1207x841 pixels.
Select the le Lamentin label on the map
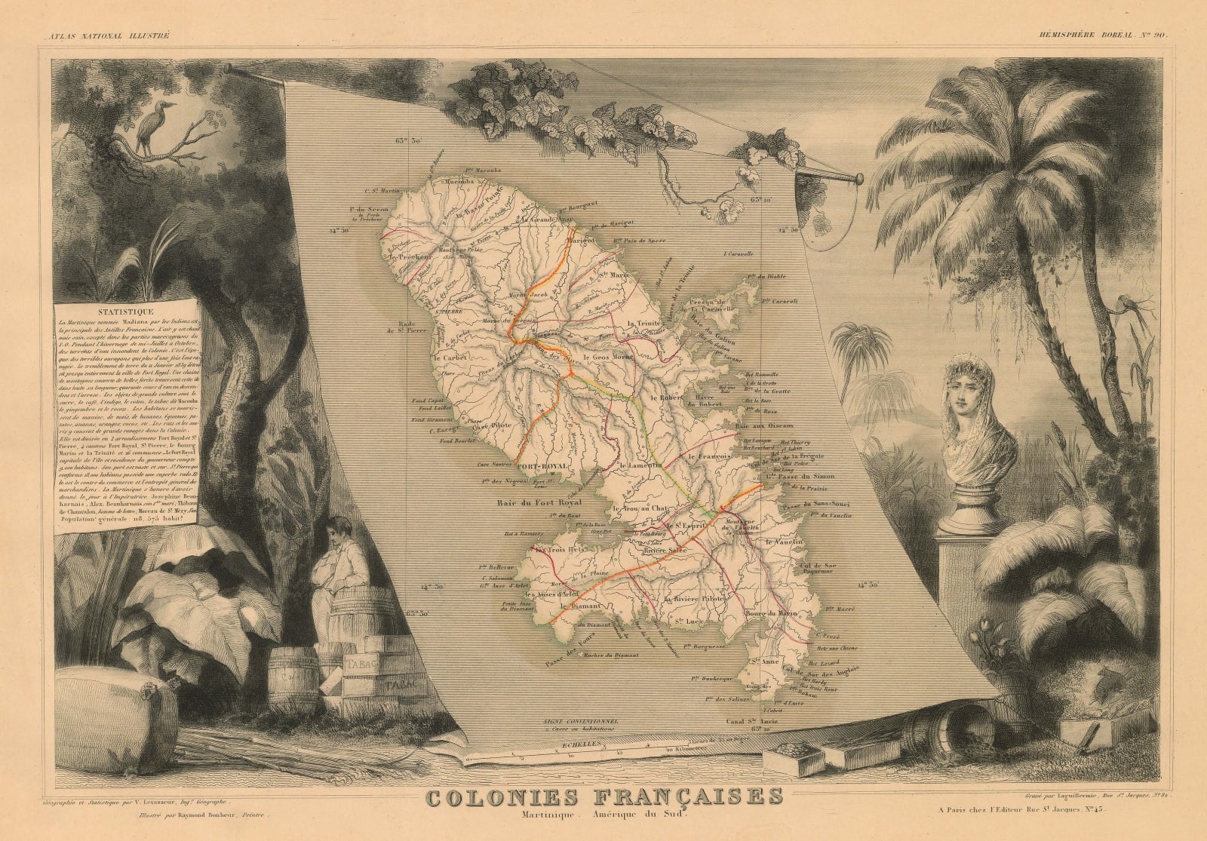click(x=641, y=465)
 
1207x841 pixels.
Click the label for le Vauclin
click(x=782, y=542)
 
